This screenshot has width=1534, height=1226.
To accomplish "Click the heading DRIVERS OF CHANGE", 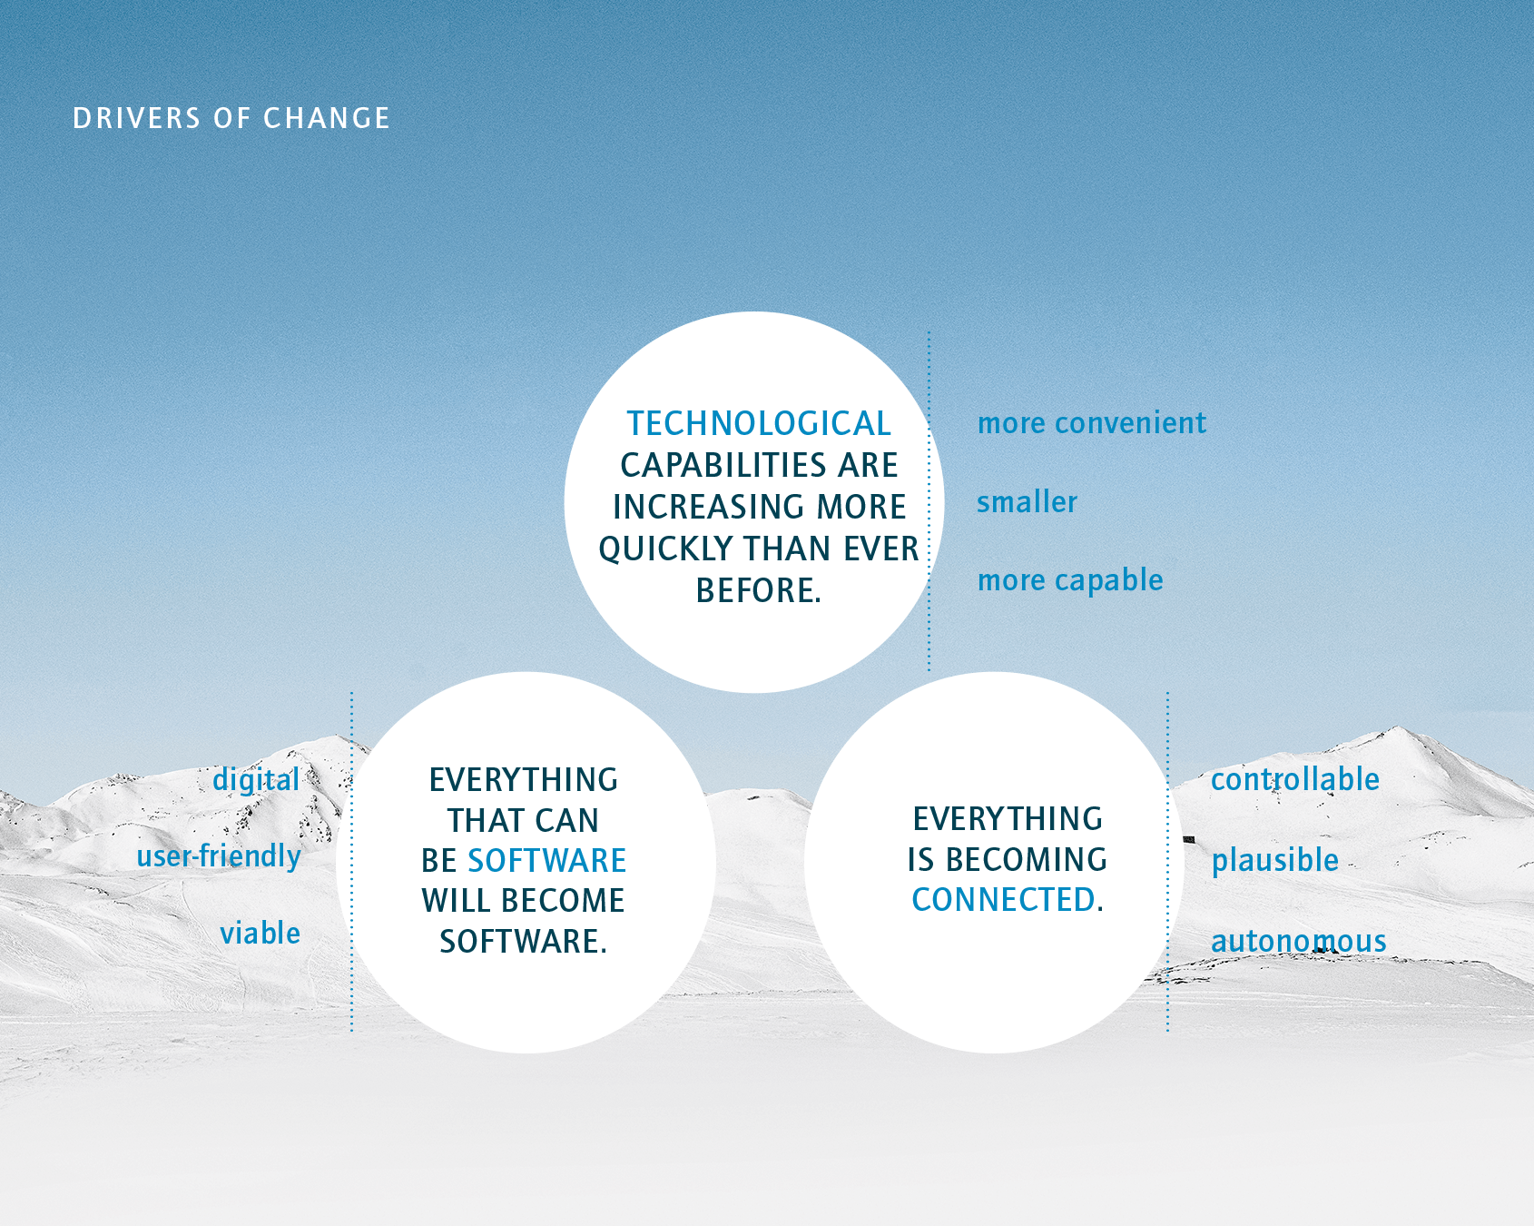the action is point(231,118).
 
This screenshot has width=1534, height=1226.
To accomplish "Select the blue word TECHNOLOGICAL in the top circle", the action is point(759,423).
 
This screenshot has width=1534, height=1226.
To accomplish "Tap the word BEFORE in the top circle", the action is point(755,590).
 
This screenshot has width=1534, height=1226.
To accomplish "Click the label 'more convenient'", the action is point(1092,423).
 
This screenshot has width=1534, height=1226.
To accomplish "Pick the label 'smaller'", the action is point(1028,501).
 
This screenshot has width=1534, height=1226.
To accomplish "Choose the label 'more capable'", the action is point(1070,580).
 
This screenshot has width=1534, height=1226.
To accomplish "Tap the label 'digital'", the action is point(256,780).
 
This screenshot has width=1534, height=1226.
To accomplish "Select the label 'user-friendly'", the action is point(219,856).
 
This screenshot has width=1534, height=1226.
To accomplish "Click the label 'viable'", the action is point(261,933).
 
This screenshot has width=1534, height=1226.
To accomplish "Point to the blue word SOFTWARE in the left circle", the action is point(547,860).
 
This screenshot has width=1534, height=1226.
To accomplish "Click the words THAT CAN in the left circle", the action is point(523,820).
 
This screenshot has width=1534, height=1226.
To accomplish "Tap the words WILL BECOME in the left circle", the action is point(523,900).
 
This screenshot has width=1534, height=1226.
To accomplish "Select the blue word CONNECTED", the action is point(1004,900).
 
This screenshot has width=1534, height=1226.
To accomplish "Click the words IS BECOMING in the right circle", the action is point(1008,859).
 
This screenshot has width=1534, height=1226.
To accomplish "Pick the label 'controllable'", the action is point(1295,779).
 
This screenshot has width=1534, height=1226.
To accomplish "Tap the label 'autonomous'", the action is point(1299,941).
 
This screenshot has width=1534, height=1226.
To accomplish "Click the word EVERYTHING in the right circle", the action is point(1008,819).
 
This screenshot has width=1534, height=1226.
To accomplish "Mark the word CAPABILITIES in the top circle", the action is point(724,465).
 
